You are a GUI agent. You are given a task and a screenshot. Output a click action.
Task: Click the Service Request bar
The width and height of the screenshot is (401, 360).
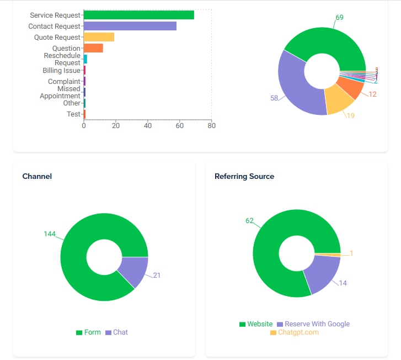[x=138, y=15]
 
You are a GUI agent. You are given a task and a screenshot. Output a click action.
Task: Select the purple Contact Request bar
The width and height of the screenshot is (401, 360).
[x=130, y=26]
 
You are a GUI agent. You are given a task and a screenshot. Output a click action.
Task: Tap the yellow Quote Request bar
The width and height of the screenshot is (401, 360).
[x=99, y=37]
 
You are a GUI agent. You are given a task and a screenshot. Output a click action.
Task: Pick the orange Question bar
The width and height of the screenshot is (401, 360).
[x=93, y=48]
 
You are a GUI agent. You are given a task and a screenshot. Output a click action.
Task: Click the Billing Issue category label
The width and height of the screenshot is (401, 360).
[x=61, y=71]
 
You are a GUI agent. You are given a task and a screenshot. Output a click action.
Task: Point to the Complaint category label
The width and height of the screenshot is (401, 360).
[x=64, y=82]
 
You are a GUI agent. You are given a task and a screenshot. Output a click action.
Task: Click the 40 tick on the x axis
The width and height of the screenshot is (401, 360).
[x=148, y=126]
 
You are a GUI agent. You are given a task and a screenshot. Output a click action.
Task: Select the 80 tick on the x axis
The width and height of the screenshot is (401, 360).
[x=211, y=126]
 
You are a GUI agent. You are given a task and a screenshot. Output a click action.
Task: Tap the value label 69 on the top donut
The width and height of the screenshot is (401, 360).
[x=339, y=18]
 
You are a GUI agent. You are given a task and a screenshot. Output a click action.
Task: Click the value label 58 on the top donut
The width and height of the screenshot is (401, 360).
[x=274, y=98]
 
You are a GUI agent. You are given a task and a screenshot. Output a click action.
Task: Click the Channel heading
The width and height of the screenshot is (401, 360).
[x=37, y=176]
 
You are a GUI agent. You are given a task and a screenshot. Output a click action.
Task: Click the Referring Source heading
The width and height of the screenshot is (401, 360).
[x=244, y=176]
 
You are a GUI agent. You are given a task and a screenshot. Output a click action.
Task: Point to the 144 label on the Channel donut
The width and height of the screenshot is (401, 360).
[x=50, y=234]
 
